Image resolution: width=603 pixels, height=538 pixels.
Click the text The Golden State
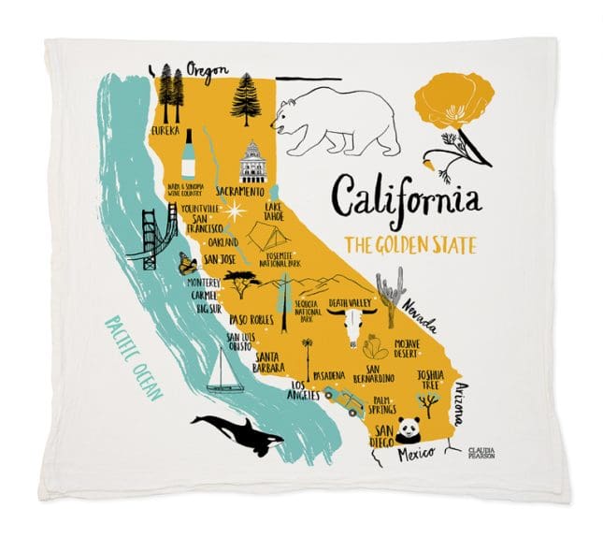click(x=409, y=246)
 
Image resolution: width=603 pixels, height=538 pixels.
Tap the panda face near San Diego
click(x=408, y=429)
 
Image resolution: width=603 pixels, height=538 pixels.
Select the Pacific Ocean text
click(x=134, y=359)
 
